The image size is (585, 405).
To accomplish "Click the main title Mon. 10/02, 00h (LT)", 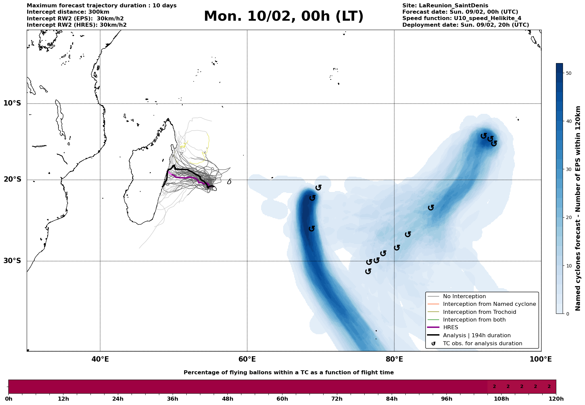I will click(x=283, y=16).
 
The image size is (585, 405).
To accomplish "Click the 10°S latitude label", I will click(x=12, y=103).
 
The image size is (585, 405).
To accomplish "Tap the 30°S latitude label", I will click(x=12, y=261).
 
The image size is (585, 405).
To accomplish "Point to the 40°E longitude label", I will click(x=100, y=359).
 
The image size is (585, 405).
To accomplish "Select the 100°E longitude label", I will click(x=541, y=359).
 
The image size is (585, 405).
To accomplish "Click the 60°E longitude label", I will click(x=247, y=359).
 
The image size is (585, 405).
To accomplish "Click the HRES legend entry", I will click(x=450, y=328).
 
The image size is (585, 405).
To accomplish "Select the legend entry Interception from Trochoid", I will click(x=479, y=312).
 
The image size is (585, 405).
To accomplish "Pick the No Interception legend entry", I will click(x=464, y=296).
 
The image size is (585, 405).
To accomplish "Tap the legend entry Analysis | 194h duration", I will click(x=476, y=336).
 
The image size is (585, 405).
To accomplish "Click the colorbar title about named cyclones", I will click(x=578, y=208).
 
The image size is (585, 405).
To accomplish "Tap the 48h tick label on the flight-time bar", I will click(x=227, y=399).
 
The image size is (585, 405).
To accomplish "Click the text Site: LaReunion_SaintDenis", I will click(x=445, y=6).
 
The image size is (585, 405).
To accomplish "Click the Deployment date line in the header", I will click(x=465, y=25).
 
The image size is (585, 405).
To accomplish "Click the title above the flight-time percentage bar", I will click(x=288, y=373).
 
